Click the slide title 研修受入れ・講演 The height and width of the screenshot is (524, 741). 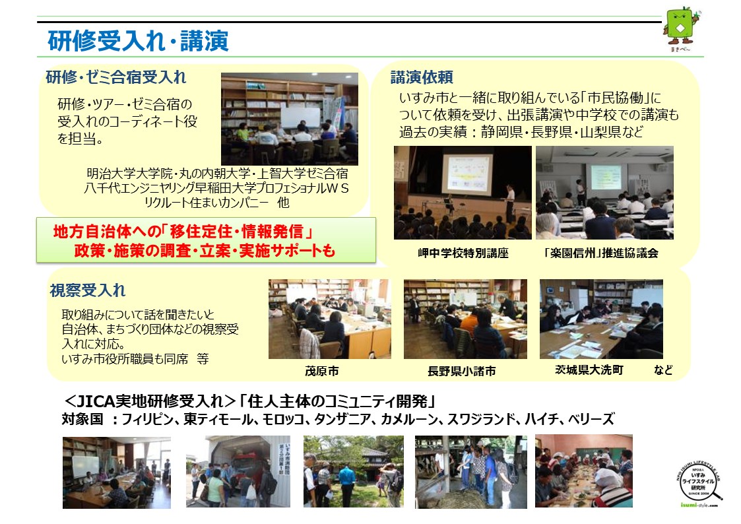click(138, 41)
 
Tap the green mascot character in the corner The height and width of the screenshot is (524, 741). click(682, 28)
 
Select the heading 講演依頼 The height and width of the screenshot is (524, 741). click(422, 77)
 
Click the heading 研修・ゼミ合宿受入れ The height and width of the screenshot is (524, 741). click(115, 77)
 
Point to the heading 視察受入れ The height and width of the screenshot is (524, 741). click(88, 290)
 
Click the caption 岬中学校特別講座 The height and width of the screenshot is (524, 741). click(463, 253)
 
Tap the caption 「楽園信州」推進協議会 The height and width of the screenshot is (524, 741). click(600, 253)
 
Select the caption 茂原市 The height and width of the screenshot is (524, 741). click(322, 372)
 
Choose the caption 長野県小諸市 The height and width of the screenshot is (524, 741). click(462, 372)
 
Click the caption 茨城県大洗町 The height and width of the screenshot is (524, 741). click(589, 370)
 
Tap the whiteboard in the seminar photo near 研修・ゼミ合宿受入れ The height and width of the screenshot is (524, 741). click(301, 117)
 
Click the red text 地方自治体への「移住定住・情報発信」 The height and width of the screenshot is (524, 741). click(183, 232)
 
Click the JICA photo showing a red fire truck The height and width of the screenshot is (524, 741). click(238, 472)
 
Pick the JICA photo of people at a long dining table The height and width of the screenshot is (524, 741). click(584, 471)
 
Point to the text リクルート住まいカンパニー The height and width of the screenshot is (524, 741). click(206, 203)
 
